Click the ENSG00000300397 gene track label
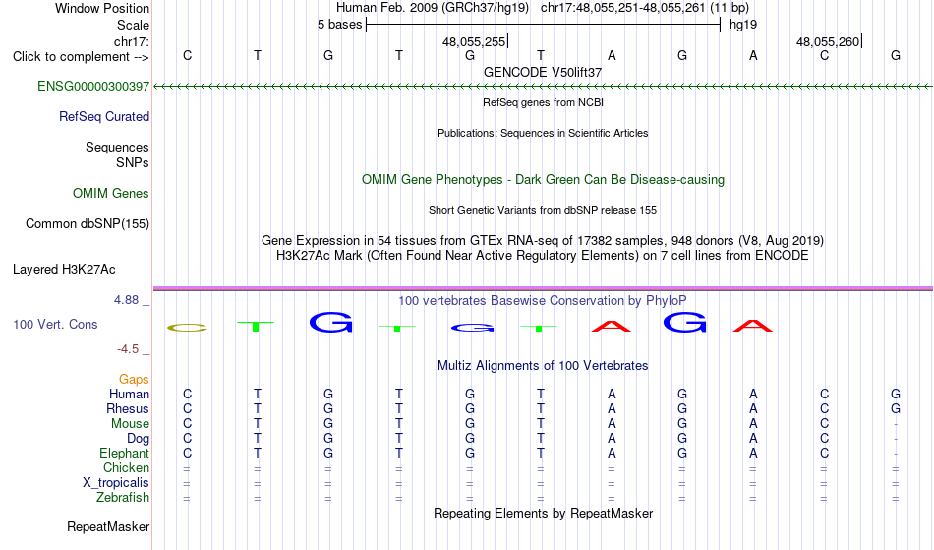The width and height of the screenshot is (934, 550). (93, 86)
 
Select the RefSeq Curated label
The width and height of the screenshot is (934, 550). (104, 116)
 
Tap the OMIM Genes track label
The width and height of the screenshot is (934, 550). (111, 193)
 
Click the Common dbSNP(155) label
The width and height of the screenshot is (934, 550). (88, 223)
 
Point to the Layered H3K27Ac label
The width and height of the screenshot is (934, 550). (64, 269)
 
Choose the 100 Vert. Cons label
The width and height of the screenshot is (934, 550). (55, 324)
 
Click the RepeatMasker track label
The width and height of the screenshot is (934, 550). (108, 526)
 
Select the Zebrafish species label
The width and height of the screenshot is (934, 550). (123, 497)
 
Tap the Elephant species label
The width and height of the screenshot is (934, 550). (125, 453)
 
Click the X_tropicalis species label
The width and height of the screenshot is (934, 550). (116, 483)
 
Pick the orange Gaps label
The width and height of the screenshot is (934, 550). (134, 379)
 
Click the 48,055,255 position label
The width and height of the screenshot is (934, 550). (474, 41)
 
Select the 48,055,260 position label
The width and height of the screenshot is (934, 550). (828, 41)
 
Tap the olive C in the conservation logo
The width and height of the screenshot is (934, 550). (187, 327)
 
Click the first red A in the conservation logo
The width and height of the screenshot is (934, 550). (612, 326)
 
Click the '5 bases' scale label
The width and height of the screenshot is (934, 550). (339, 25)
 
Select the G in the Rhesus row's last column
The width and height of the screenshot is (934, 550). (896, 408)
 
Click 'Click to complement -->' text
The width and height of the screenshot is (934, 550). (81, 57)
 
